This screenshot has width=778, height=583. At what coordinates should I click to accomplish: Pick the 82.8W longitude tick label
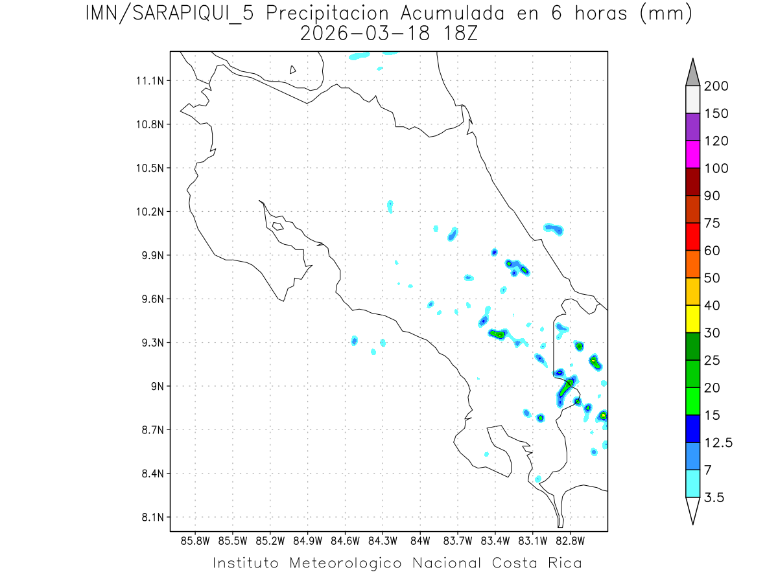click(570, 540)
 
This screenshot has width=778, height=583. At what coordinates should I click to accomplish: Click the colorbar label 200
click(716, 86)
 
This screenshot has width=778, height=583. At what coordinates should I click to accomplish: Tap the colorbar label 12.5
click(719, 442)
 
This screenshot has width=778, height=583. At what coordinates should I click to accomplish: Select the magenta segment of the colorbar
click(692, 154)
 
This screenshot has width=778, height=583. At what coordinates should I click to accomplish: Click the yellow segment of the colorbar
click(692, 319)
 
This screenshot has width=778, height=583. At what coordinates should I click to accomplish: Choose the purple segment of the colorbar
click(692, 127)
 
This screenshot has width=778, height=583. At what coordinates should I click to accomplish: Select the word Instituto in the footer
click(246, 563)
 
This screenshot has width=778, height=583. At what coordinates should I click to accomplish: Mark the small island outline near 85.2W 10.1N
click(277, 226)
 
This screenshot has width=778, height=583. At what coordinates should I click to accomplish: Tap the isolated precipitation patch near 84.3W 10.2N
click(390, 206)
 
